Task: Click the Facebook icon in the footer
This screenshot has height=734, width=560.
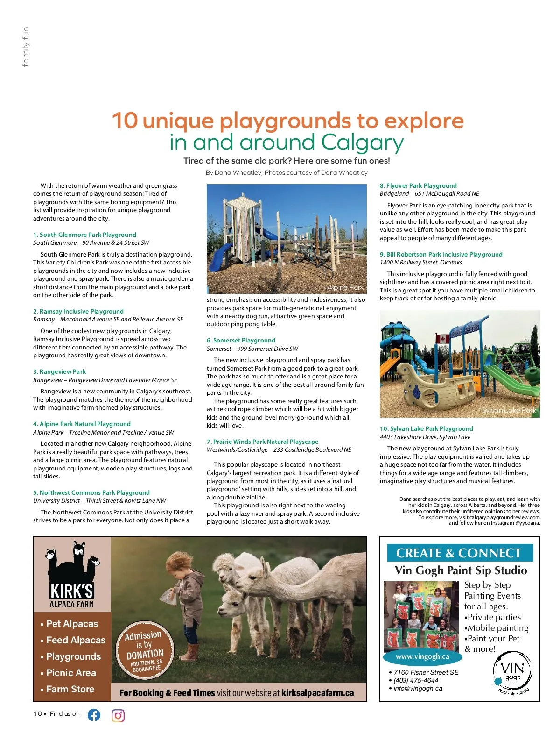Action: [94, 715]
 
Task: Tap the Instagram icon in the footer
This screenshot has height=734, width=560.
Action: [118, 715]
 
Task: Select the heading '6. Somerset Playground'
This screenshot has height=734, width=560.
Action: [241, 340]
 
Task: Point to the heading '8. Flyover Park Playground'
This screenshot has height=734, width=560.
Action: [418, 185]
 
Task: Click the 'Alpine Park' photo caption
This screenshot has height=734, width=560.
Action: [345, 287]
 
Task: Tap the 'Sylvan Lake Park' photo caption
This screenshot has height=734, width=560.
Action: [509, 410]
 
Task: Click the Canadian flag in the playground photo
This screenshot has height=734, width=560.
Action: [441, 339]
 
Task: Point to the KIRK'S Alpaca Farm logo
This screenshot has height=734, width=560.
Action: [72, 575]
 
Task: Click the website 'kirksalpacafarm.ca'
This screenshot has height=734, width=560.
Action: [317, 693]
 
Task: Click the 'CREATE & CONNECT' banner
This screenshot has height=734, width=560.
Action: [459, 553]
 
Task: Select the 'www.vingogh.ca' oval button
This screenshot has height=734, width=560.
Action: [422, 656]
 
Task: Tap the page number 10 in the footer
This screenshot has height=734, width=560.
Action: [37, 714]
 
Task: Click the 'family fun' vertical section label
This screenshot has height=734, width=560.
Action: [26, 47]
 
